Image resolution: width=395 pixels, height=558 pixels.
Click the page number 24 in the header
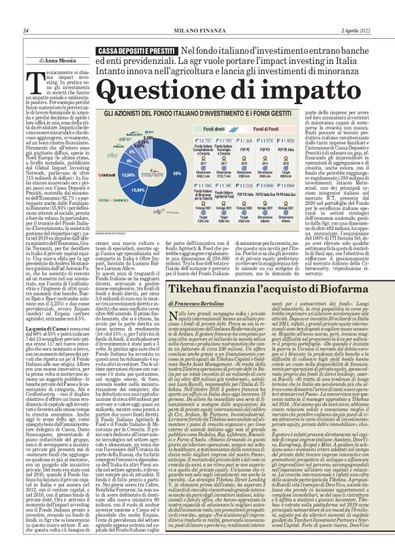(26, 31)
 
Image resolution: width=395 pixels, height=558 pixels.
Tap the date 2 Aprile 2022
(357, 31)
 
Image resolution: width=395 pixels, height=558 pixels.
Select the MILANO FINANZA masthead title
(197, 31)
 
